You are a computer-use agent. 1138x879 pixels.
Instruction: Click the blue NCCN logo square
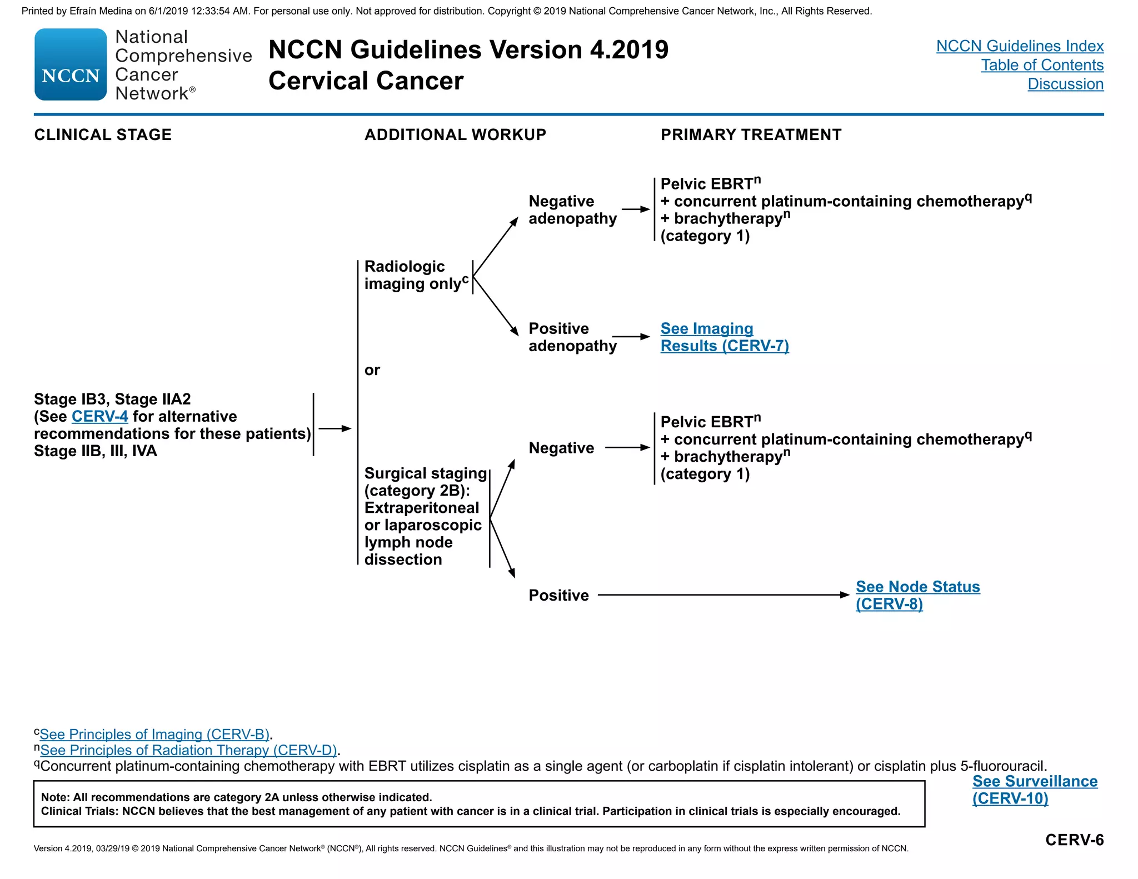71,64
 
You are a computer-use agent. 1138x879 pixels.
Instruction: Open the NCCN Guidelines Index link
1020,46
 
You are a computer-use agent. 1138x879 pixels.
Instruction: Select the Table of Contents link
1042,65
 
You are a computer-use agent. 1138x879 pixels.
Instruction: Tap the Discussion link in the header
1065,84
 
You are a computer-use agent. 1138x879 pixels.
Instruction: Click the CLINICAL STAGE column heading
103,134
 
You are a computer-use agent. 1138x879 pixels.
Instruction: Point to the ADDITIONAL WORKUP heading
455,134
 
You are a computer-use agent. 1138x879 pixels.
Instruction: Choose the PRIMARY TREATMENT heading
751,134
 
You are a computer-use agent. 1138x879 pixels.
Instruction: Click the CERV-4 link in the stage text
99,416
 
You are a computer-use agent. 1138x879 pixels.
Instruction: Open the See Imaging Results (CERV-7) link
724,337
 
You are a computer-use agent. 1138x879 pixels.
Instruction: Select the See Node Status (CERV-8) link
917,595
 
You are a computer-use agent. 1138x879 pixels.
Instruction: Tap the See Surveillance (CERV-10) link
1035,790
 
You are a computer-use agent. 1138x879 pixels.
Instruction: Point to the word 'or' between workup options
372,370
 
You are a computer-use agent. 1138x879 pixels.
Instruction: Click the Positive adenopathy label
572,337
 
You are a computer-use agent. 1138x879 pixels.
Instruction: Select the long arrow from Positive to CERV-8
722,595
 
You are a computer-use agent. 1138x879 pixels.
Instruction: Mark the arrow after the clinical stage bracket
335,428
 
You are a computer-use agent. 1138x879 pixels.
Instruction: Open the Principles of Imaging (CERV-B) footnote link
154,734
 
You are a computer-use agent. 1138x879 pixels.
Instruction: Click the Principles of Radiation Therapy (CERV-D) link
188,750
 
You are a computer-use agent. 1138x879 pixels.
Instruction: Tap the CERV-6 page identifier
1074,840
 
